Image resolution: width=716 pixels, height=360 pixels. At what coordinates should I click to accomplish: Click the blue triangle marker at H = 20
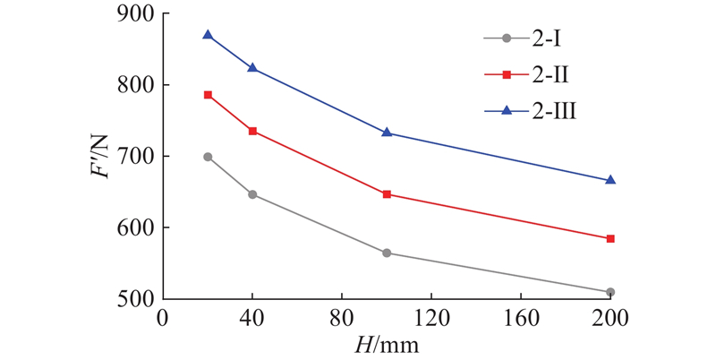click(x=208, y=35)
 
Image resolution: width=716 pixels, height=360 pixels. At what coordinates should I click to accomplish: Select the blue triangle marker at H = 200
click(x=610, y=180)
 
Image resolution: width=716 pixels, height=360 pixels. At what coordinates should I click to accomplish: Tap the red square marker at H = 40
click(x=252, y=131)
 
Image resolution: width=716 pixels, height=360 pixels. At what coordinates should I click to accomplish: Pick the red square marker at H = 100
click(x=387, y=193)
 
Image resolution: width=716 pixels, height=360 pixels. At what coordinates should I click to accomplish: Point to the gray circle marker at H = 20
click(x=208, y=157)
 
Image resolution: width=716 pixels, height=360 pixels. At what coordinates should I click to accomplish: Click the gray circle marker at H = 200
click(x=610, y=292)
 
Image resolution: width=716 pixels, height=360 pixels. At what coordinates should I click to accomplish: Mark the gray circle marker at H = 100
click(x=387, y=253)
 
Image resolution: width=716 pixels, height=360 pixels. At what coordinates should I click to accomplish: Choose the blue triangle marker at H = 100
click(x=387, y=132)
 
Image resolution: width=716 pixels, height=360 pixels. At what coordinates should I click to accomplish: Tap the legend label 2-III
click(x=555, y=111)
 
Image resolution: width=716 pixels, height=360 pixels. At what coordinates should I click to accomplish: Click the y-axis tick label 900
click(x=135, y=14)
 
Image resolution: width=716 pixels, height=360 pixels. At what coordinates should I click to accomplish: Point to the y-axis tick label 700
click(x=135, y=157)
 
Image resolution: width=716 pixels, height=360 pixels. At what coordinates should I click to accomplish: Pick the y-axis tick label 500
click(x=135, y=298)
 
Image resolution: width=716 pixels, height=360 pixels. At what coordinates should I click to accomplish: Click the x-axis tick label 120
click(x=431, y=319)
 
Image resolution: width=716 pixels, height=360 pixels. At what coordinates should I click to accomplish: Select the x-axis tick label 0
click(x=163, y=319)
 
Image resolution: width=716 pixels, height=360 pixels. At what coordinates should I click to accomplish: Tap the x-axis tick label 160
click(x=521, y=319)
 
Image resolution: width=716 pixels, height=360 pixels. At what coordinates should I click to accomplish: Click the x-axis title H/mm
click(x=387, y=345)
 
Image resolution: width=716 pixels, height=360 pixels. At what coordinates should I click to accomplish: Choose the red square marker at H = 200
click(x=610, y=238)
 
